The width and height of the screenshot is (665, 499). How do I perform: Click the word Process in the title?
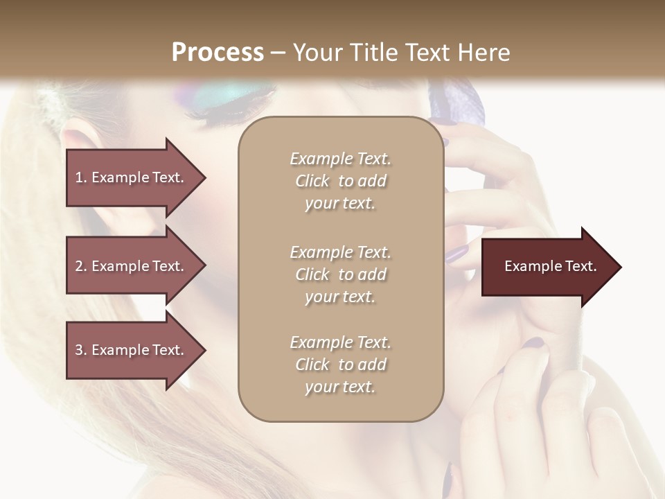(218, 53)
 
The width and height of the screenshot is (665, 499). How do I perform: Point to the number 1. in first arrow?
(81, 177)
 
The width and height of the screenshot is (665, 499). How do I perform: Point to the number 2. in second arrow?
(81, 266)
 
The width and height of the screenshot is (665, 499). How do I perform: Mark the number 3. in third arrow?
(81, 350)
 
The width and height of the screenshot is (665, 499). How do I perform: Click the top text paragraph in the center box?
(340, 181)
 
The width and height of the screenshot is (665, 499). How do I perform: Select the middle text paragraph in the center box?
(340, 274)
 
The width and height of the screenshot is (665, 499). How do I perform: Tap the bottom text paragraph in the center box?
(340, 365)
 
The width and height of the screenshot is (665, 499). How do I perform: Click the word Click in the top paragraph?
(312, 181)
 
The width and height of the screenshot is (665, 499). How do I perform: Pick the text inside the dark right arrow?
(551, 266)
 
